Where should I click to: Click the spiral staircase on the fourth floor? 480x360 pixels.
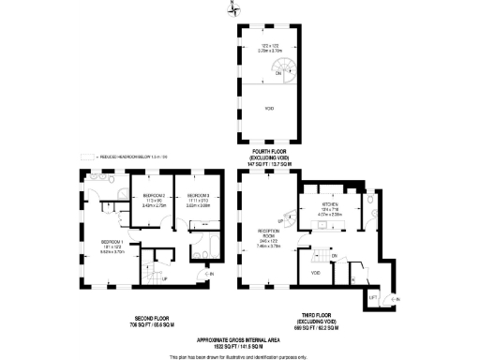click(x=280, y=68)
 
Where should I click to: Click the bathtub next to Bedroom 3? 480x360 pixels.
click(x=201, y=250)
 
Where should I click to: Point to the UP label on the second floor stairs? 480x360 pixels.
click(x=165, y=278)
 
